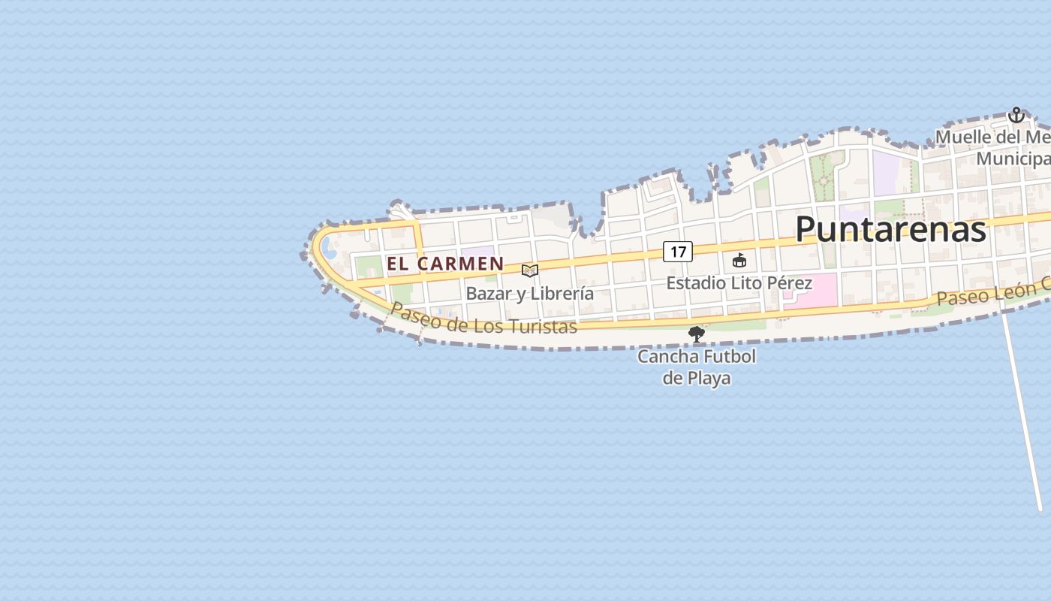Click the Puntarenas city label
[890, 229]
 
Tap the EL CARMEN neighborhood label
[445, 264]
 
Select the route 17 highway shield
[677, 252]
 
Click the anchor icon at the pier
[1016, 116]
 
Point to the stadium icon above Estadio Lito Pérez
[739, 261]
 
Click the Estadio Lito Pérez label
[739, 283]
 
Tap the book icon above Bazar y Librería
[530, 270]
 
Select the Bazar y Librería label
[530, 294]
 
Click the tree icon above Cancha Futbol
[697, 334]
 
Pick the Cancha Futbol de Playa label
[697, 367]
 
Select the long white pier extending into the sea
[1022, 413]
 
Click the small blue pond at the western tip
[329, 247]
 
